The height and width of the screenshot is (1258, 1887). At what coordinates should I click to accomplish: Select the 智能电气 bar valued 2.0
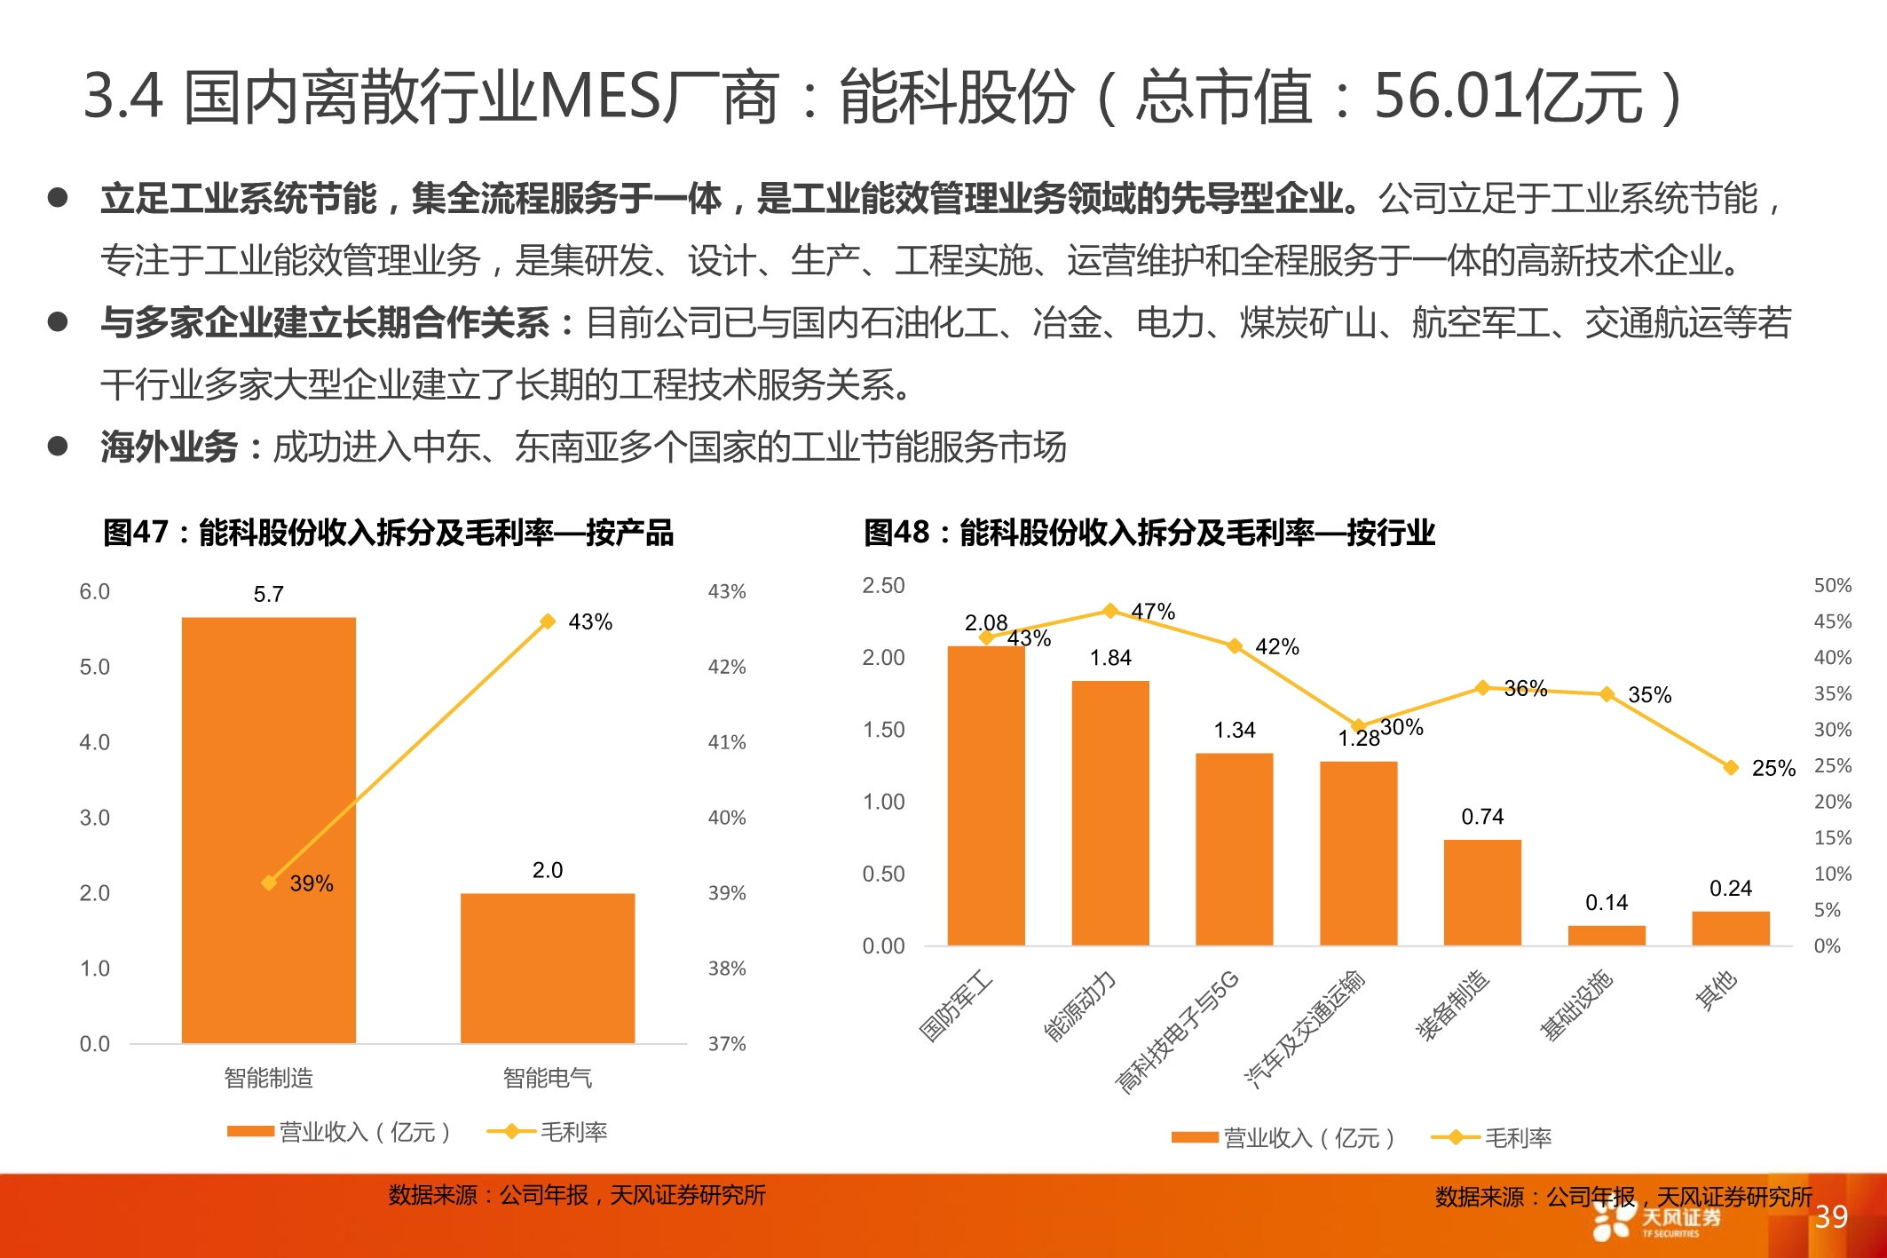point(547,968)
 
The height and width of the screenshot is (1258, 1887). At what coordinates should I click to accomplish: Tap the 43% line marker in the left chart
point(548,621)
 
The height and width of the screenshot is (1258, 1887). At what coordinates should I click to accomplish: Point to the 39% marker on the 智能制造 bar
point(269,882)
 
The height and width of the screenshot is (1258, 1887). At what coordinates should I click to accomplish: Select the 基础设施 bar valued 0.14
point(1606,936)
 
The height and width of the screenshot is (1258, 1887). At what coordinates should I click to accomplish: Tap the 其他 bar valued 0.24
point(1730,929)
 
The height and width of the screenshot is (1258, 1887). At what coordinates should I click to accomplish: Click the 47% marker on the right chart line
point(1109,611)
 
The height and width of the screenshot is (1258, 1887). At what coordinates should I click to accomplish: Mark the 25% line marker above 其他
point(1730,767)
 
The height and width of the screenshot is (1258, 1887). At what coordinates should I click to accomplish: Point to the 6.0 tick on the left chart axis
point(94,592)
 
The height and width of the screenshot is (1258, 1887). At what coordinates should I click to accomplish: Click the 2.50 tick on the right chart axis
point(883,586)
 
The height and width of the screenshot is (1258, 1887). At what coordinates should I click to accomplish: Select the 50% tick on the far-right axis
point(1832,586)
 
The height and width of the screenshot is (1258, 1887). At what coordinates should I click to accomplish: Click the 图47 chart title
point(388,533)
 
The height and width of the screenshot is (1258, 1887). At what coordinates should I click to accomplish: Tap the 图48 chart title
point(1149,533)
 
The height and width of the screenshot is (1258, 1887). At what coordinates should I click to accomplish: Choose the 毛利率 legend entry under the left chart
point(548,1132)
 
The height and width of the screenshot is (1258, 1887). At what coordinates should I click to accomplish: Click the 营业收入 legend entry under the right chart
point(1283,1138)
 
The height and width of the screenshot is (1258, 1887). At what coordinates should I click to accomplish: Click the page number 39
point(1831,1216)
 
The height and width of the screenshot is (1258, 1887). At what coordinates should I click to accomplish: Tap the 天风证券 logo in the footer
point(1656,1220)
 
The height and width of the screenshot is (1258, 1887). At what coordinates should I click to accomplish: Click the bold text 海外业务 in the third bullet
point(169,447)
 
